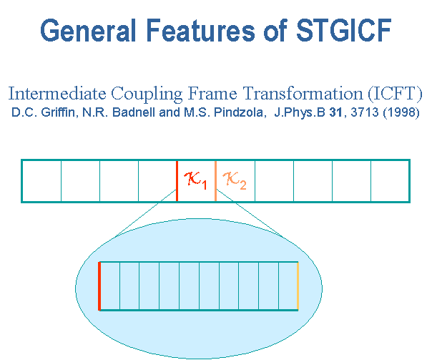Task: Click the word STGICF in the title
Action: click(x=344, y=30)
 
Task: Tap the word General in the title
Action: click(x=88, y=30)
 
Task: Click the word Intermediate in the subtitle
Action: click(x=57, y=94)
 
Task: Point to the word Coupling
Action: click(x=147, y=94)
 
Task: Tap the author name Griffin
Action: click(x=58, y=112)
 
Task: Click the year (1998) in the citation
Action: click(x=401, y=112)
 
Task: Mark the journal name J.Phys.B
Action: click(x=300, y=112)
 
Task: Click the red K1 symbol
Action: click(x=195, y=180)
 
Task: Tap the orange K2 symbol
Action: click(x=235, y=180)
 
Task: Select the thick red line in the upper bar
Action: click(x=177, y=181)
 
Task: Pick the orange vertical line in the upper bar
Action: click(x=215, y=181)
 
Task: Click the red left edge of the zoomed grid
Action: click(x=99, y=286)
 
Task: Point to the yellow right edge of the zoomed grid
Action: click(x=298, y=286)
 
